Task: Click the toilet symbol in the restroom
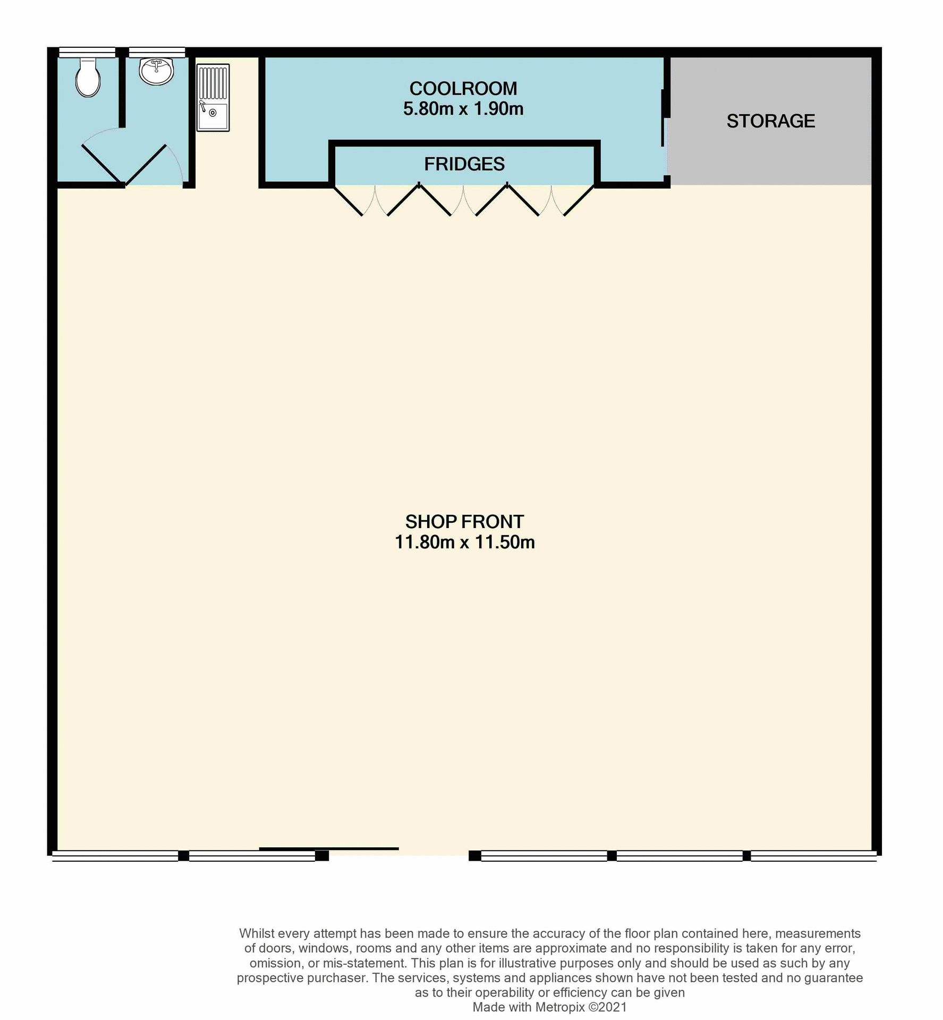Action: click(x=88, y=79)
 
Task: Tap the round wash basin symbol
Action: click(x=156, y=71)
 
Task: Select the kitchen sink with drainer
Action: click(x=213, y=98)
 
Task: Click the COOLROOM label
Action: click(x=463, y=88)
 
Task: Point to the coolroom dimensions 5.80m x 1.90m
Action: click(x=463, y=109)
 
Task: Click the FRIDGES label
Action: click(x=464, y=164)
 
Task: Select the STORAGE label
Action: click(x=770, y=121)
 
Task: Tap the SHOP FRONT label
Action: click(x=464, y=522)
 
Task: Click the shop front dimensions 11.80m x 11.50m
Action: click(x=464, y=542)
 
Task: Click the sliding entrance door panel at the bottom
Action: click(x=329, y=848)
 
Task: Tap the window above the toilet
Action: click(x=87, y=52)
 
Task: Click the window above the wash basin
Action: click(x=157, y=52)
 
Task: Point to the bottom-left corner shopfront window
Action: click(x=115, y=856)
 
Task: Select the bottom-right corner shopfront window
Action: click(x=813, y=856)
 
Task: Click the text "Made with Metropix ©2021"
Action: click(x=549, y=1007)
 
